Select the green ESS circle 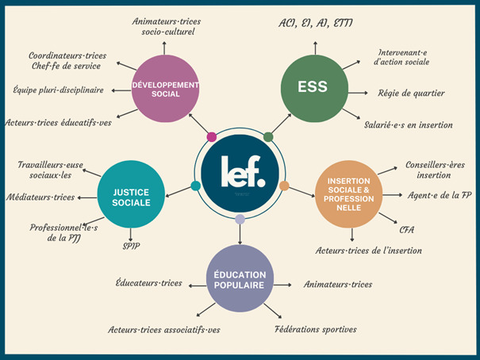[315, 89]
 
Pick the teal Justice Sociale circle [130, 192]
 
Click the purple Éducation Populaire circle [240, 278]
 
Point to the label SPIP [131, 244]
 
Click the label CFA [407, 230]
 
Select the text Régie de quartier [409, 94]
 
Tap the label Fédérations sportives [315, 329]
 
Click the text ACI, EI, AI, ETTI [316, 23]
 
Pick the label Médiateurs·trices [40, 197]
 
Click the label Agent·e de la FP [440, 195]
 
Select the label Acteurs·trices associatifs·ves [164, 329]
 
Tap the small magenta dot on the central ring [211, 137]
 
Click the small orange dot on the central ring [284, 186]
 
